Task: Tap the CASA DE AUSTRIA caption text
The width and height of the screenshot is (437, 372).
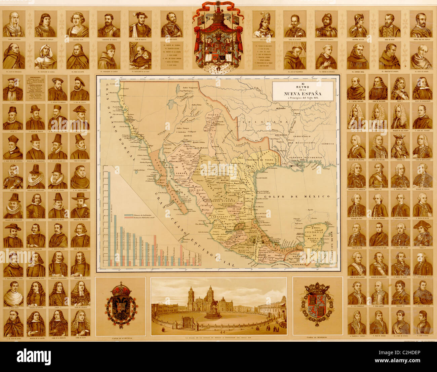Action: pyautogui.click(x=121, y=338)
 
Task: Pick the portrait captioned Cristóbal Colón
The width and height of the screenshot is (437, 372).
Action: pyautogui.click(x=77, y=24)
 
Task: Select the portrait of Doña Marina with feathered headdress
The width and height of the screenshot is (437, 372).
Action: pyautogui.click(x=264, y=24)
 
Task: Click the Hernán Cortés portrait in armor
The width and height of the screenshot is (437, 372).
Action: pyautogui.click(x=171, y=24)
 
